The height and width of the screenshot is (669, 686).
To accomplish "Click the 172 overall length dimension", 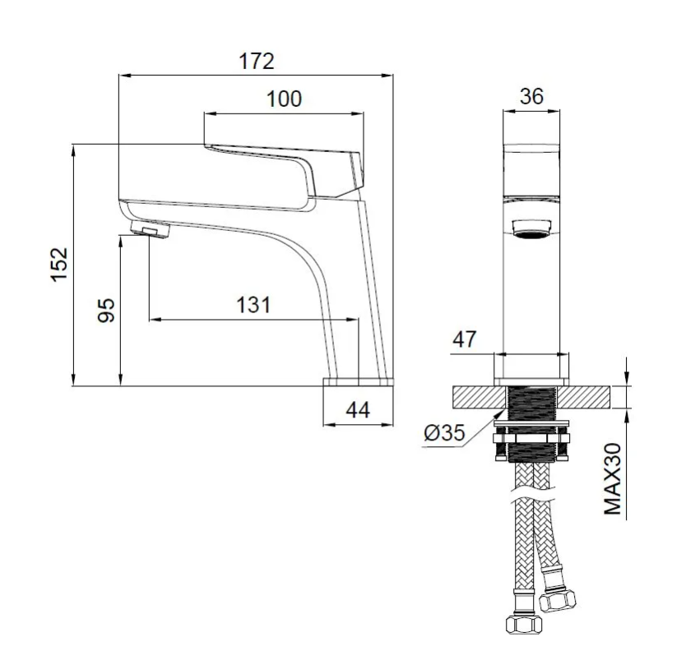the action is pyautogui.click(x=257, y=61).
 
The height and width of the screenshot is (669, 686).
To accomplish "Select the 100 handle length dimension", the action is pyautogui.click(x=284, y=99).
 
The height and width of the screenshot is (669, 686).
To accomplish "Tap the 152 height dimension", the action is pyautogui.click(x=59, y=265).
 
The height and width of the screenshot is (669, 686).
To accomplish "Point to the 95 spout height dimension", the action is pyautogui.click(x=106, y=311).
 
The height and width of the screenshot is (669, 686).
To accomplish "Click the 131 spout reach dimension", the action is pyautogui.click(x=253, y=305).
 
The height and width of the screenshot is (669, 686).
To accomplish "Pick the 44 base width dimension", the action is pyautogui.click(x=358, y=410).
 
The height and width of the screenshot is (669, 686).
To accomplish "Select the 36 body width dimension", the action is pyautogui.click(x=531, y=96).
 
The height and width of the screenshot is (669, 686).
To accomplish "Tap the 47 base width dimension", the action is pyautogui.click(x=464, y=339).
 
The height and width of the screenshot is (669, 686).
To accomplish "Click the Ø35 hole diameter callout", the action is pyautogui.click(x=444, y=433).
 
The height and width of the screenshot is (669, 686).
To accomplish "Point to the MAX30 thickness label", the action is pyautogui.click(x=613, y=479).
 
